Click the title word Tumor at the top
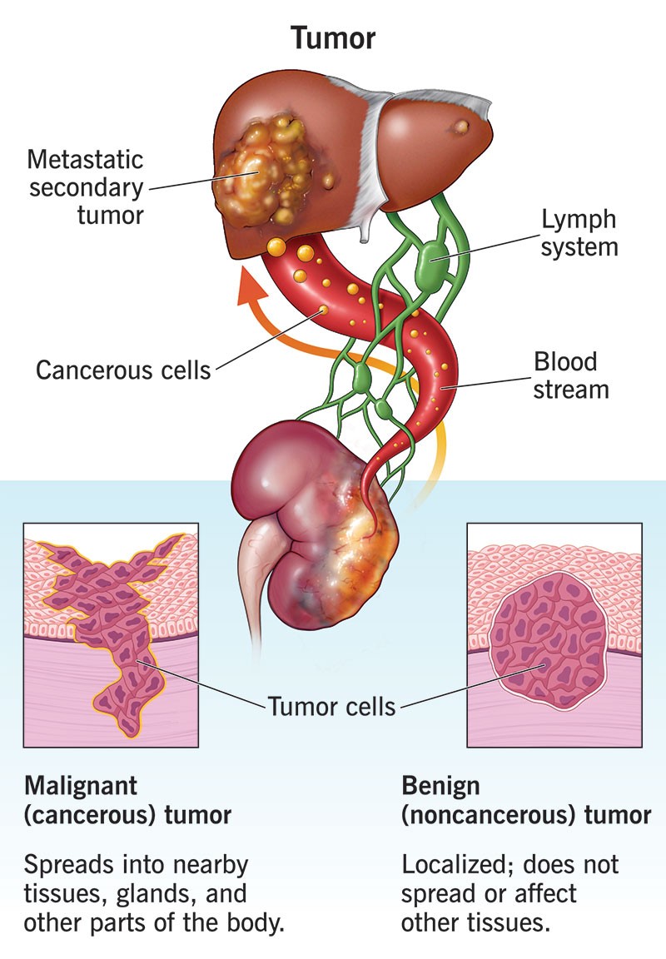click(333, 37)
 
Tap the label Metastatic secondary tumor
click(86, 186)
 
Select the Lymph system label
click(579, 233)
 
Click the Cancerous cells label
click(123, 370)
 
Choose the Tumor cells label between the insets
click(331, 708)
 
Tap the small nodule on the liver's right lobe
click(460, 127)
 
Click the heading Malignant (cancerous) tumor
click(128, 800)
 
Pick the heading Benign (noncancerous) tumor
click(526, 800)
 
